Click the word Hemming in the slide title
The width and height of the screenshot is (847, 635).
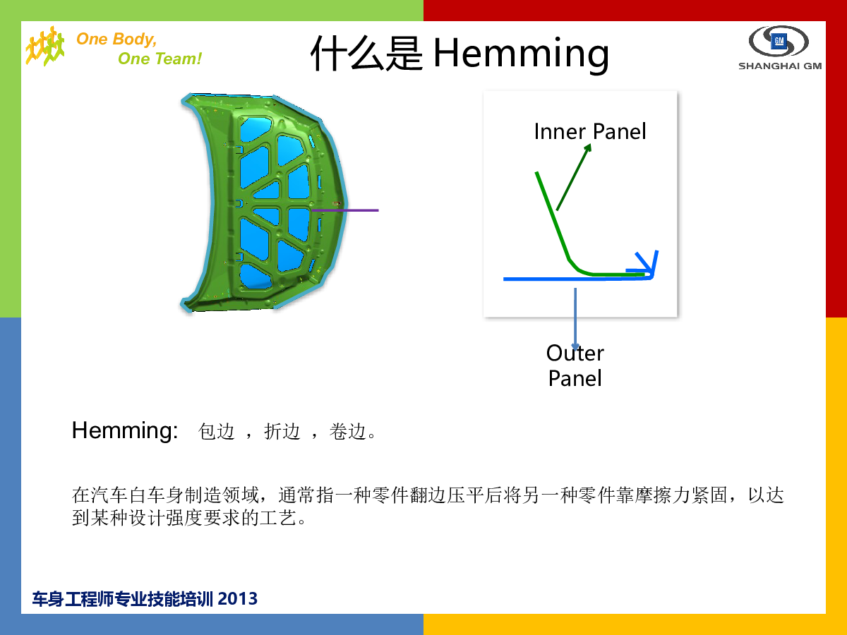click(521, 54)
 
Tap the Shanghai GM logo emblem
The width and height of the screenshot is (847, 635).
click(779, 41)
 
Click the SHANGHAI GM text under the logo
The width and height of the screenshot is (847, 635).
click(780, 66)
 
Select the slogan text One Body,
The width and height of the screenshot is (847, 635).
click(116, 40)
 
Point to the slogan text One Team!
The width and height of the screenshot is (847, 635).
click(160, 59)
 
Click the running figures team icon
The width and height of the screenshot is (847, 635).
click(45, 47)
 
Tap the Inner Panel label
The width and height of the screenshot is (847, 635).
click(590, 131)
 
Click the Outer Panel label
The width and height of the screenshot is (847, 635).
click(575, 365)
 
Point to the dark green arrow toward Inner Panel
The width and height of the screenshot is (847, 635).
click(574, 177)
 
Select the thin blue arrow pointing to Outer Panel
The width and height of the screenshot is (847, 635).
click(575, 318)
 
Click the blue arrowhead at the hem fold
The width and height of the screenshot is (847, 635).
click(644, 264)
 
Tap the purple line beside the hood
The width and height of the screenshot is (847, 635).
click(345, 210)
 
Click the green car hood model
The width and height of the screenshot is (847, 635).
click(264, 202)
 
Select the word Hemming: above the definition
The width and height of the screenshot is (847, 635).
click(125, 430)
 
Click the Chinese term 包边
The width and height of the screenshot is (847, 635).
click(216, 431)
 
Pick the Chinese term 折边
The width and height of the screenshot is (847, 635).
click(282, 431)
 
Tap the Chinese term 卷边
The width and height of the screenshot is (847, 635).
click(347, 431)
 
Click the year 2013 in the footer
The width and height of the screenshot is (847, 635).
click(237, 599)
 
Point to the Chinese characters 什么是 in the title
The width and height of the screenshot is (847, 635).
click(366, 54)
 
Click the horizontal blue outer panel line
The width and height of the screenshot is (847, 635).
click(577, 279)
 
